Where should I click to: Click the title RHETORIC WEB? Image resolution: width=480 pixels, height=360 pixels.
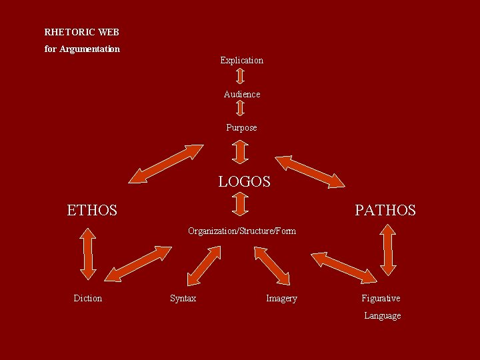point(81,32)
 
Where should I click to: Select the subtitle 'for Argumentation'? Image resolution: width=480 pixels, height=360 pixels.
point(82,49)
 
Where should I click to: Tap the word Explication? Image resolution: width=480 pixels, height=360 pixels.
point(241,60)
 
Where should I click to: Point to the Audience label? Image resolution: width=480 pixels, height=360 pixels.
point(242,94)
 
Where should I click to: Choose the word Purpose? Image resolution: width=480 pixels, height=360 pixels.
point(241,127)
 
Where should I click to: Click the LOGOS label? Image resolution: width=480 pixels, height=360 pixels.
point(244,181)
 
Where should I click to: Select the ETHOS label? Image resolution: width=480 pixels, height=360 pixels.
point(92,211)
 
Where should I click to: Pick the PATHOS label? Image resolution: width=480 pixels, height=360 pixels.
point(385,211)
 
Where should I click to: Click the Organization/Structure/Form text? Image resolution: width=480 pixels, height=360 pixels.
point(242,231)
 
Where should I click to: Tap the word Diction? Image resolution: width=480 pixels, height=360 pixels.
point(87,298)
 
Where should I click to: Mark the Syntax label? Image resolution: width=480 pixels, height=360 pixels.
point(183,298)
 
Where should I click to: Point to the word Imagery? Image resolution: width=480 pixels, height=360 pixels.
point(281,298)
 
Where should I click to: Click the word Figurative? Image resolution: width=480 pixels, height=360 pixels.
point(381,298)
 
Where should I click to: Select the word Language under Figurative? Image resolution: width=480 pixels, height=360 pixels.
point(382,315)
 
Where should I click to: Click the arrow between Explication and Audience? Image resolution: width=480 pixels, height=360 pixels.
point(241,77)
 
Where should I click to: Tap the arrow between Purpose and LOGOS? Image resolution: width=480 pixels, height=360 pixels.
point(241,151)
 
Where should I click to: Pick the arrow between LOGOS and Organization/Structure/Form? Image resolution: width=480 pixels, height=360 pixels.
point(241,205)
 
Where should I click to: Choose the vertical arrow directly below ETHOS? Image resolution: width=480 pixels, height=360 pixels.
point(88,253)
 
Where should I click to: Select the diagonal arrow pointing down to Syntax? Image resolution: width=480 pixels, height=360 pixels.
point(204,265)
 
